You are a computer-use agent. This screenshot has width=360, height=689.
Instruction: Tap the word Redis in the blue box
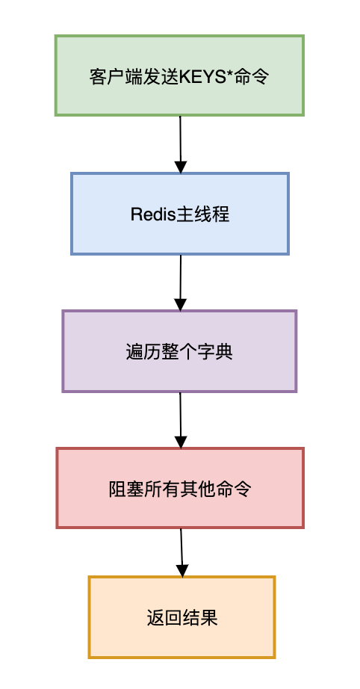pyautogui.click(x=152, y=214)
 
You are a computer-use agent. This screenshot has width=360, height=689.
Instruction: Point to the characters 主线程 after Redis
pyautogui.click(x=202, y=214)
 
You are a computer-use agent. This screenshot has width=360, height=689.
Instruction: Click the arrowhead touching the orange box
pyautogui.click(x=181, y=569)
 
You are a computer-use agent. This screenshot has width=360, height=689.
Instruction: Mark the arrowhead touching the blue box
pyautogui.click(x=180, y=166)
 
